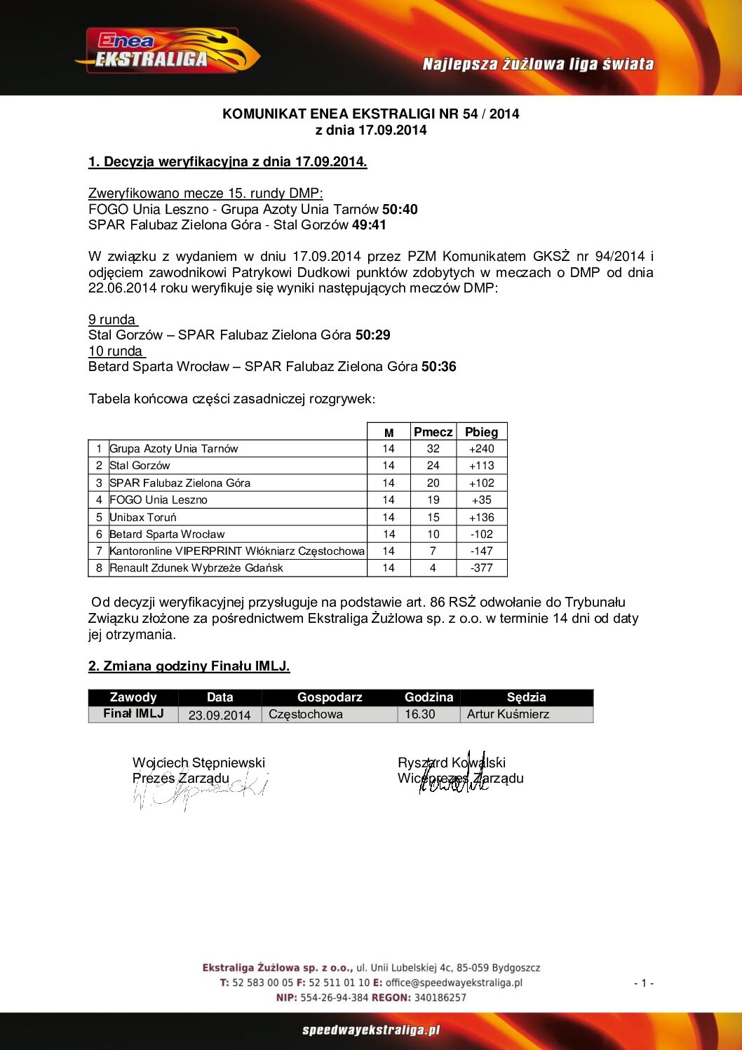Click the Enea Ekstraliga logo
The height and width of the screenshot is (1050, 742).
coord(167,51)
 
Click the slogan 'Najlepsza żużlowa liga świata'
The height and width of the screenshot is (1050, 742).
coord(538,65)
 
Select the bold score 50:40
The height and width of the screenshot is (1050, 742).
coord(400,209)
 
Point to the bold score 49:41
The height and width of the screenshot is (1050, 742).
coord(369,224)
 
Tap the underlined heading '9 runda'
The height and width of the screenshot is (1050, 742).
coord(112,319)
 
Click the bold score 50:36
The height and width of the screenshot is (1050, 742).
coord(438,366)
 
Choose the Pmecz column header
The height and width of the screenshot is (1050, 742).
coord(433,432)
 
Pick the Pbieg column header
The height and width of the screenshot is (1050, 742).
coord(481,432)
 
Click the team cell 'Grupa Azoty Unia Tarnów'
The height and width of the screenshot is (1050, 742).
coord(174,449)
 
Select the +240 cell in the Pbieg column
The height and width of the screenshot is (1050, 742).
coord(481,449)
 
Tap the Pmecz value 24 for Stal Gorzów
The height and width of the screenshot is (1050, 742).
coord(433,466)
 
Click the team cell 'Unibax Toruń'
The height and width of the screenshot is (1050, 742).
coord(143,517)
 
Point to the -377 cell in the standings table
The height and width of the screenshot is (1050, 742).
coord(481,568)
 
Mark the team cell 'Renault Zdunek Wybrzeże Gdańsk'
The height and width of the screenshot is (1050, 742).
coord(196,568)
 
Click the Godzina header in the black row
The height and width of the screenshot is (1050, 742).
coord(429,697)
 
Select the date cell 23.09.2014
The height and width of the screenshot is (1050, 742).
coord(220,715)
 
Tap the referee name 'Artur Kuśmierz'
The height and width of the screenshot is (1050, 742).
coord(508,714)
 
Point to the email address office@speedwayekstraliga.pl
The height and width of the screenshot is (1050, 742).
coord(454,983)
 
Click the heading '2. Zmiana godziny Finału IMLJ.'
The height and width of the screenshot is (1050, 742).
coord(189,666)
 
